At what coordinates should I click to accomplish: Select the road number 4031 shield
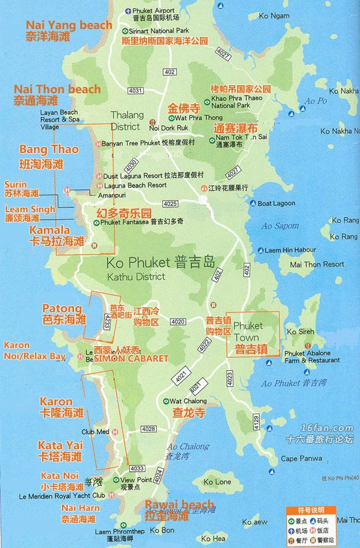click(x=135, y=91)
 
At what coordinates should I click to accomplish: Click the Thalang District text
click(x=127, y=120)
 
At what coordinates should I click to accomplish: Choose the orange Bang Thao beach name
click(x=40, y=149)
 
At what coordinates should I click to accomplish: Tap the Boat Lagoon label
click(x=276, y=204)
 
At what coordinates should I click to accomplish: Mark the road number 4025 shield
click(x=170, y=204)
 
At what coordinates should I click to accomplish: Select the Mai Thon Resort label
click(x=317, y=264)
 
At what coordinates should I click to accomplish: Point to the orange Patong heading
click(x=62, y=308)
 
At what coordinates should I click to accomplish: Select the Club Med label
click(x=96, y=432)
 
